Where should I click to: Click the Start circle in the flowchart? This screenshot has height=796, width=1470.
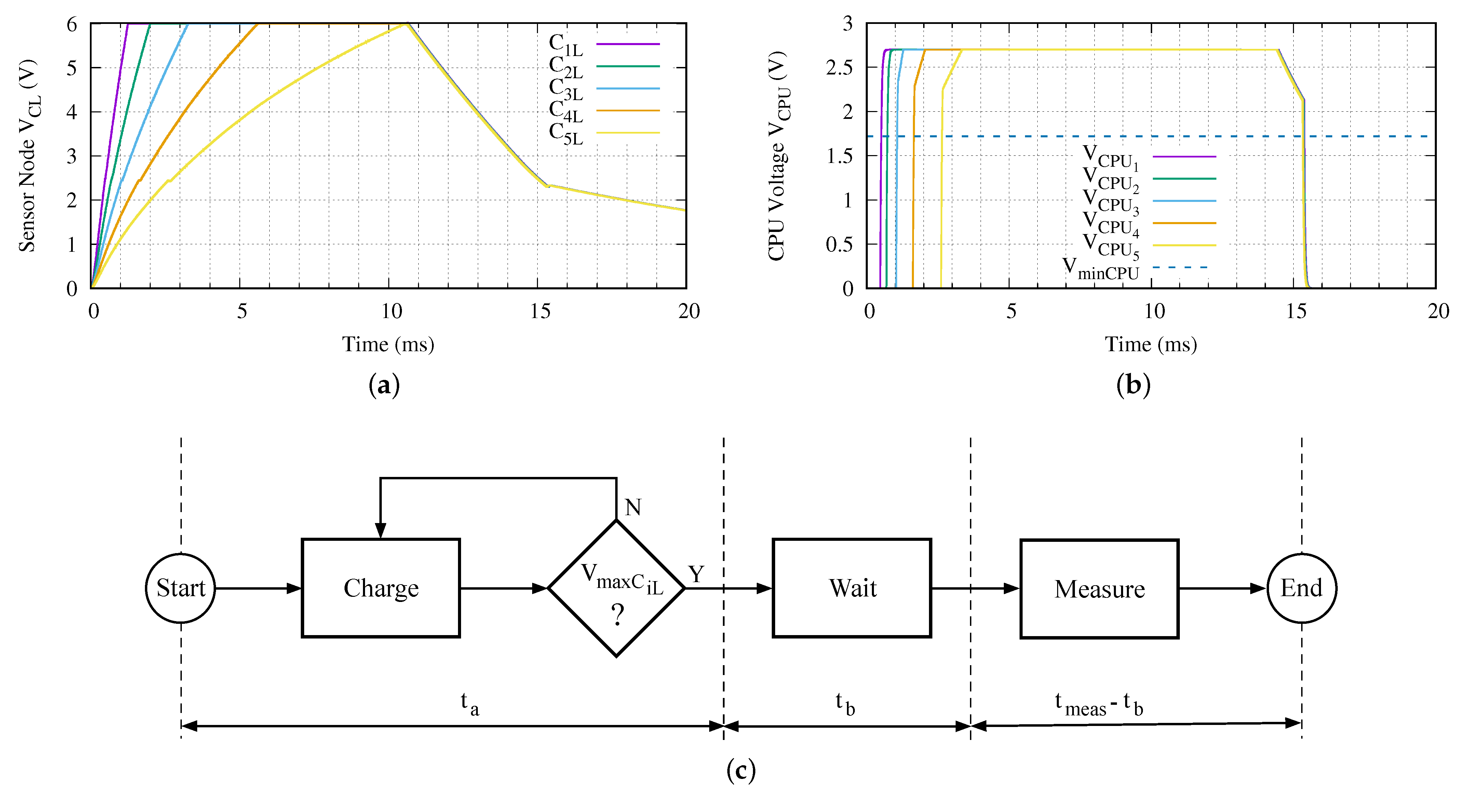(180, 588)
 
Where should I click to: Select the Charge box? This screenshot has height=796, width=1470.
(381, 588)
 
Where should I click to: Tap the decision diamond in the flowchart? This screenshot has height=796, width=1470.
(616, 588)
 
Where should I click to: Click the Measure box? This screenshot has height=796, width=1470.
(1099, 588)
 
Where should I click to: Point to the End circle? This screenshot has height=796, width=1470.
(1302, 588)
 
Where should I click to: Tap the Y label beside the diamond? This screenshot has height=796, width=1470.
(696, 574)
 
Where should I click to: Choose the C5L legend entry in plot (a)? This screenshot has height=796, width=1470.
(603, 133)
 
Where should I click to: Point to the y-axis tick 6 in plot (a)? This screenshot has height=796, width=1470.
(72, 25)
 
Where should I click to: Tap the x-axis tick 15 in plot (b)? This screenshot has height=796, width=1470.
(1296, 311)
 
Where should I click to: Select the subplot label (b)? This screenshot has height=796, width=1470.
(1133, 385)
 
